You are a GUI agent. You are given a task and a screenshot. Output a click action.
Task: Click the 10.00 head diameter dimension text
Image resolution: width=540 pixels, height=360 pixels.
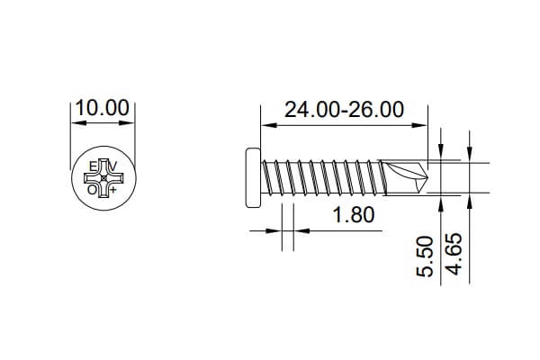102,108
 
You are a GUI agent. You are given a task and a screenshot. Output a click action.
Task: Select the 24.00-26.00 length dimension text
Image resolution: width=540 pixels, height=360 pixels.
343,110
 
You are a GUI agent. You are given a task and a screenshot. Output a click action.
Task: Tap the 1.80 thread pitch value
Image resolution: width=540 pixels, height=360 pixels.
353,216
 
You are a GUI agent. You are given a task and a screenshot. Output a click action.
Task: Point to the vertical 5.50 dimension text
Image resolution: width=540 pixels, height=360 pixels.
427,256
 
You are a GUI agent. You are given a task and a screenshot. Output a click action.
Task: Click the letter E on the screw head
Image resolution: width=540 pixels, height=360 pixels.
92,167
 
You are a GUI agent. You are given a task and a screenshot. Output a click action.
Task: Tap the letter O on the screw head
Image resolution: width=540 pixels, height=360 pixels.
92,190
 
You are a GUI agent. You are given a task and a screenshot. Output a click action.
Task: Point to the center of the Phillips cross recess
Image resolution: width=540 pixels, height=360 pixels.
103,178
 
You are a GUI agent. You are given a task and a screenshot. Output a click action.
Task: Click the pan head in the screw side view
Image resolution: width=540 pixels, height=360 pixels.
252,178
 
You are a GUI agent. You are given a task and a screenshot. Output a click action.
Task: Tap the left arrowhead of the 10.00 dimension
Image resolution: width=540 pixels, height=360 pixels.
74,122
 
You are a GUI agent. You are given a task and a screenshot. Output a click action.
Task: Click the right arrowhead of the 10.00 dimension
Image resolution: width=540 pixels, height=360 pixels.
131,122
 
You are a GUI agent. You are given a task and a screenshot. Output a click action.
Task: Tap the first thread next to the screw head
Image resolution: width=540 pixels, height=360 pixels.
267,178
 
